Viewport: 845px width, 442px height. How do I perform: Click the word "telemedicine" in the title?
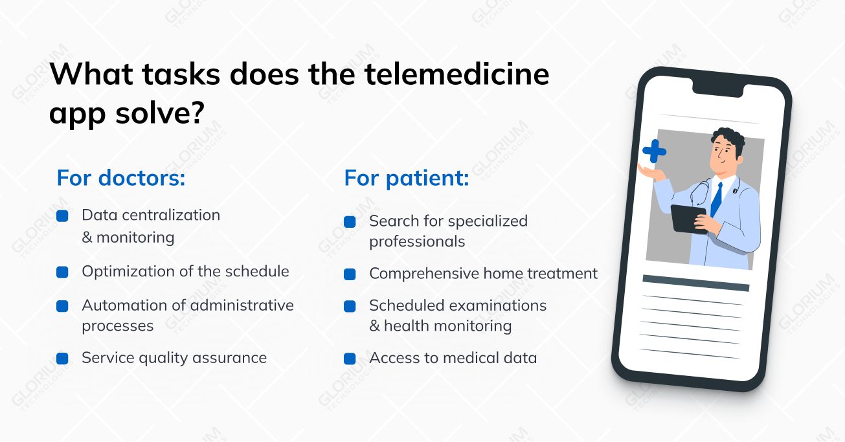coord(457,74)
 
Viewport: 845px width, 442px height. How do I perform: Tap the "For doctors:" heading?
coord(121,177)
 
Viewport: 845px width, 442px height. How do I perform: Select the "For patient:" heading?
coord(407,178)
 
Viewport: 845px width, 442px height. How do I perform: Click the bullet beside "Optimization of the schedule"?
coord(62,272)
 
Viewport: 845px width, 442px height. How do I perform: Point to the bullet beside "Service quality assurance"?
coord(62,359)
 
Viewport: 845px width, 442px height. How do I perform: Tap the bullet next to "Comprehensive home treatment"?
coord(350,274)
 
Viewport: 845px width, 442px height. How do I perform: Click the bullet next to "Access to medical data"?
coord(350,359)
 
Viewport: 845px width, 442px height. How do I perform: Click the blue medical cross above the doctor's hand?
coord(655,151)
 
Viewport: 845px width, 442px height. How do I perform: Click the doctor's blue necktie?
coord(716,199)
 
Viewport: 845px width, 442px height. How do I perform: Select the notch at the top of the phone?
coord(718,90)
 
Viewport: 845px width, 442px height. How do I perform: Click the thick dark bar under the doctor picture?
coord(696,283)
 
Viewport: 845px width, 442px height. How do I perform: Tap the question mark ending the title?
coord(196,112)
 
